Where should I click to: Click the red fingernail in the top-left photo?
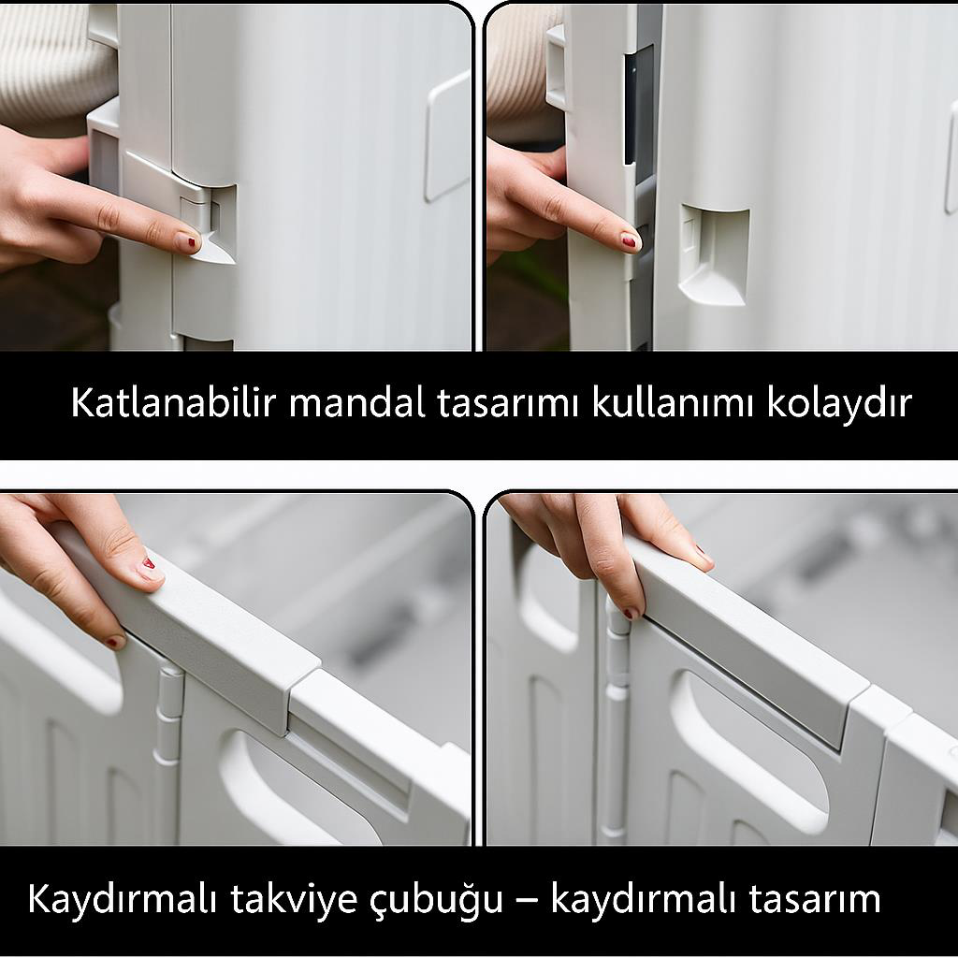coord(190,241)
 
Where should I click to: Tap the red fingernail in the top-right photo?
coord(630,240)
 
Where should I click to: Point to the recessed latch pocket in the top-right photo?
coord(715,253)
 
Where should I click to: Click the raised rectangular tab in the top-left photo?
coord(447,137)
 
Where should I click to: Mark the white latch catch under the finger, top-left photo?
coord(213,245)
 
